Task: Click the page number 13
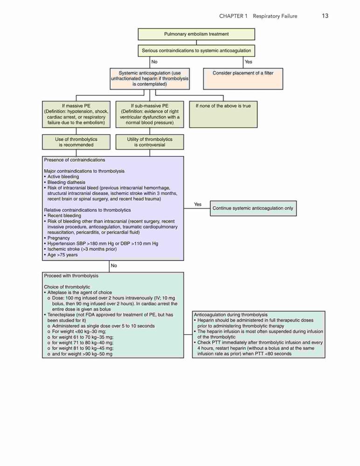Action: click(325, 16)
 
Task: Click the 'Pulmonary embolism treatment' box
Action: click(196, 34)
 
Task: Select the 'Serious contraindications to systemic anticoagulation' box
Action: click(196, 50)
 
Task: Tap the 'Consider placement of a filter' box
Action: click(243, 79)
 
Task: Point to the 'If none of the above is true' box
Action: click(223, 115)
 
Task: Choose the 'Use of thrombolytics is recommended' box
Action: click(76, 142)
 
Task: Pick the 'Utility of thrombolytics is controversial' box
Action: click(150, 142)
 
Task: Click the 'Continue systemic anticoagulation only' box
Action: click(253, 208)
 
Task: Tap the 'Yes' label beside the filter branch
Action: click(249, 62)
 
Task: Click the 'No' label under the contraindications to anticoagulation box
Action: click(154, 62)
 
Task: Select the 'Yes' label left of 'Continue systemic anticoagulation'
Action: click(198, 205)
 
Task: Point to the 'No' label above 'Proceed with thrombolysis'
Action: click(114, 266)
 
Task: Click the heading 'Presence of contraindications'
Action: click(75, 160)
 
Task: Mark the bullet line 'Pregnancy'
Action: click(57, 238)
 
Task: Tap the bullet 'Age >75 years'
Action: click(61, 255)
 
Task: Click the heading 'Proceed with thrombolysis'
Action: click(71, 276)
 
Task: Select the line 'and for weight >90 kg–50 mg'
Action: click(80, 354)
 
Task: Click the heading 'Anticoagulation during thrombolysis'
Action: click(231, 315)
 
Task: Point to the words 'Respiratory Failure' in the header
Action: click(275, 16)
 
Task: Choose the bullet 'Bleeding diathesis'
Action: click(65, 182)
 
